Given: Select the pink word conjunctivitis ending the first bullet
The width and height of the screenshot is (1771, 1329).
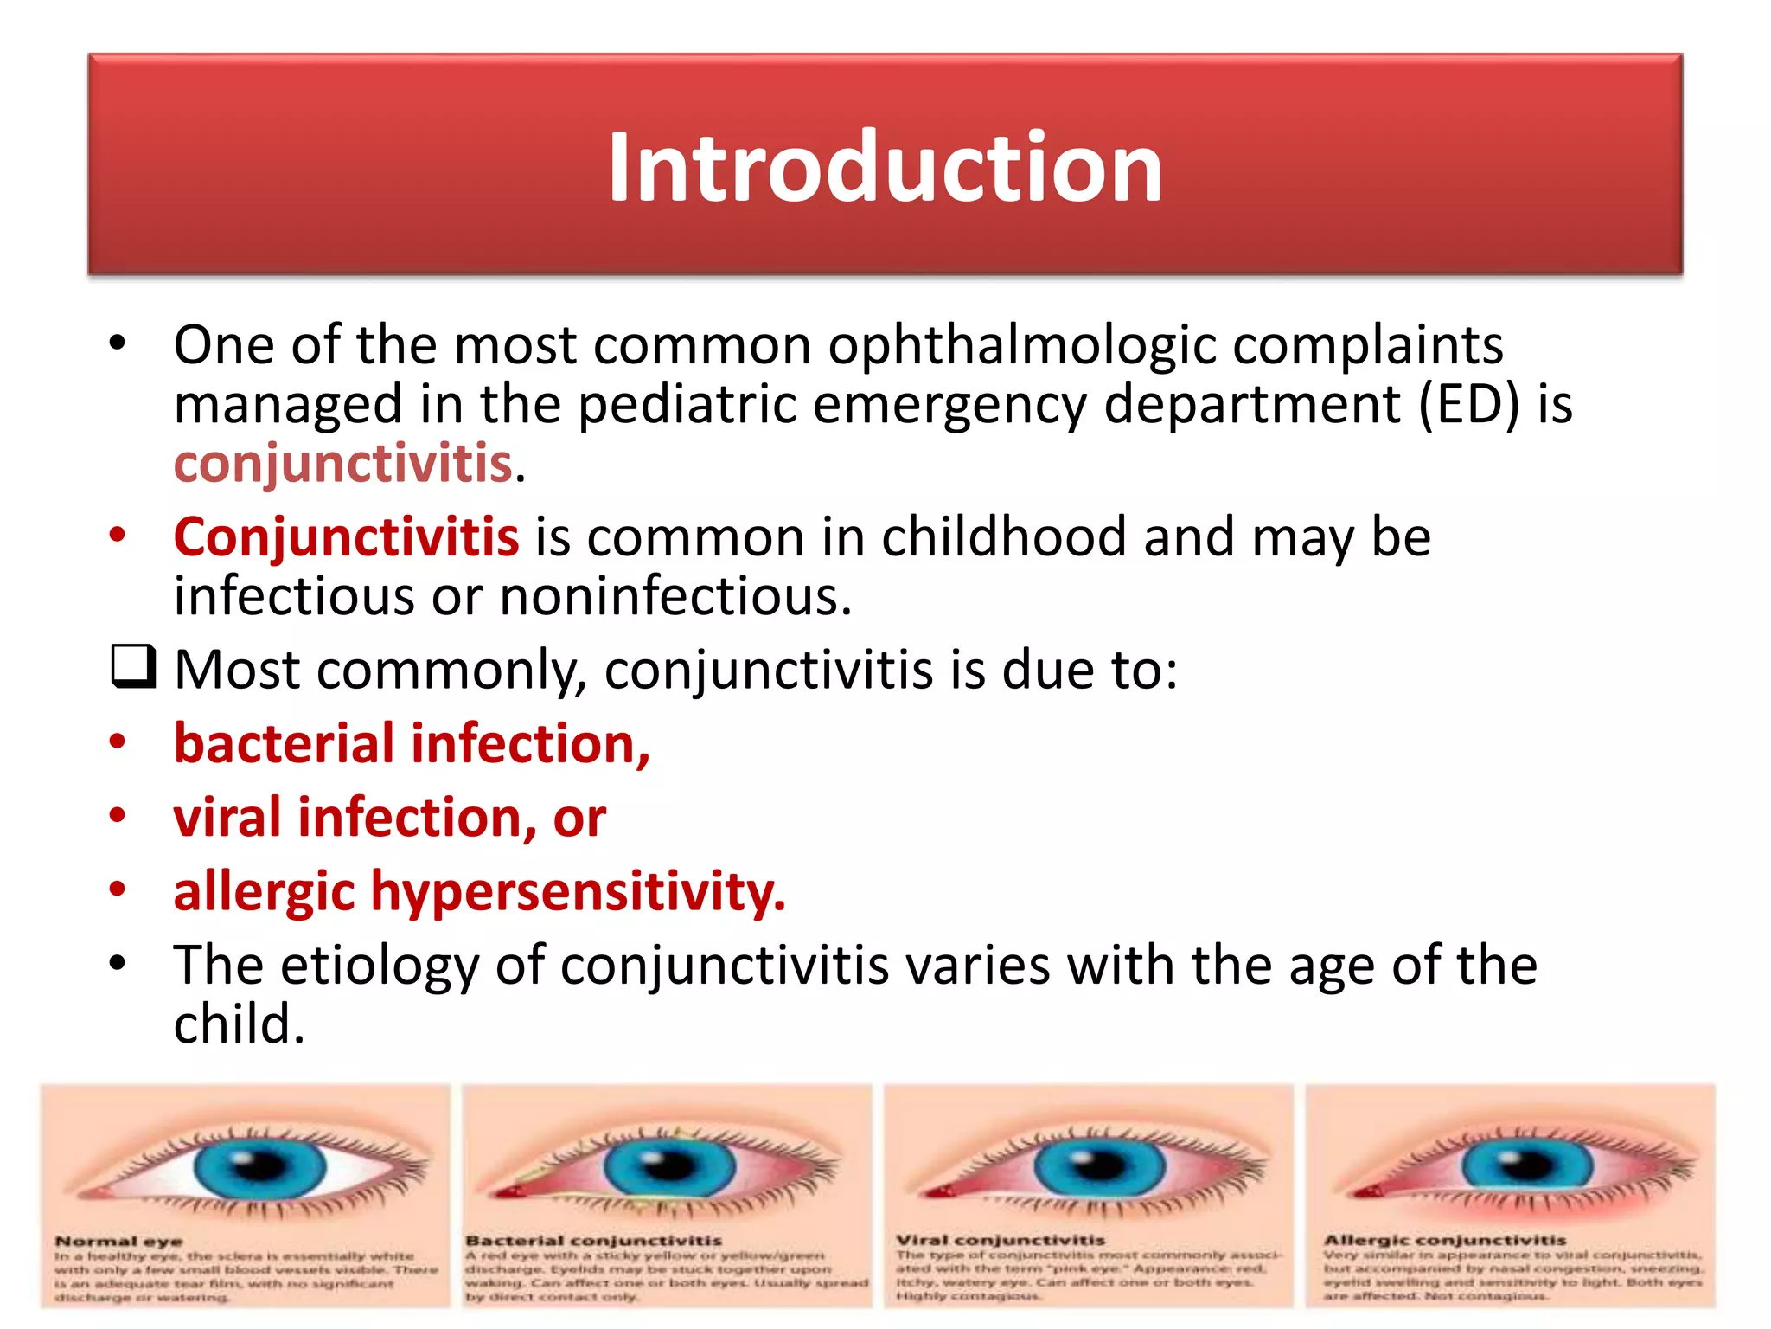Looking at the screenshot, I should (344, 464).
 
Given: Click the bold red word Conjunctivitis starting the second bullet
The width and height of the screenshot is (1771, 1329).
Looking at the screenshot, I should (346, 537).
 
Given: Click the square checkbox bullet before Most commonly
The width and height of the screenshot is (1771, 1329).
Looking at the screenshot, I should (133, 666).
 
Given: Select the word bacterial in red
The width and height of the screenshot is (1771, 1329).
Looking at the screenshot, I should (285, 744).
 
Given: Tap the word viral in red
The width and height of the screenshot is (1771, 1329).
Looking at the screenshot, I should (227, 818).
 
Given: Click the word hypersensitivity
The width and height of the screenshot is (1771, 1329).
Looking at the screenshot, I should (578, 892).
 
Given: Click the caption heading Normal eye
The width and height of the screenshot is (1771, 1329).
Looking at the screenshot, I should (118, 1241).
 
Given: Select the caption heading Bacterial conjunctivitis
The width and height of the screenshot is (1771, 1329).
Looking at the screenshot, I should (593, 1240).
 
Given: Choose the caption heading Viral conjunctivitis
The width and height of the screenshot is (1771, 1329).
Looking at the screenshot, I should (1001, 1240).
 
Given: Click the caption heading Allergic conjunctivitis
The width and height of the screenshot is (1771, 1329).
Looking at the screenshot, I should (1444, 1240).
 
